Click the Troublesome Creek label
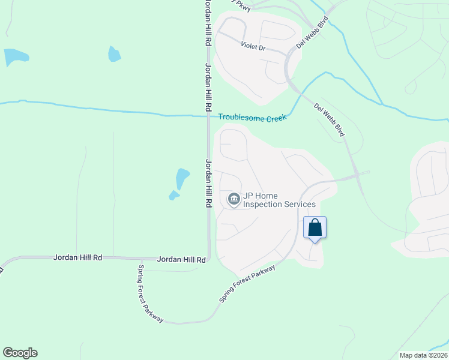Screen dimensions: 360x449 click(x=252, y=117)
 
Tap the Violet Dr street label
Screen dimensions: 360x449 click(x=253, y=46)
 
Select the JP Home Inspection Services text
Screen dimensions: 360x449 click(x=279, y=200)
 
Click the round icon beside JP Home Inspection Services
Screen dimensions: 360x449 click(x=233, y=199)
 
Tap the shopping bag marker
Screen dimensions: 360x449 click(x=315, y=228)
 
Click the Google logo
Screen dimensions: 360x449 click(x=20, y=353)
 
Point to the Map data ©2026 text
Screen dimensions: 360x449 click(x=423, y=355)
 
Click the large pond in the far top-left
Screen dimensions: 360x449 click(x=16, y=58)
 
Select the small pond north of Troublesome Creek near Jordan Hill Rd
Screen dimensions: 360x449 click(x=114, y=54)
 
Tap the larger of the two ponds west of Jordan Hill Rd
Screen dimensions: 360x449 click(x=182, y=178)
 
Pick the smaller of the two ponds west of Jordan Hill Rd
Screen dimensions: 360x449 click(x=173, y=195)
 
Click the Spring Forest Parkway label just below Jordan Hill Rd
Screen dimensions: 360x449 click(x=149, y=294)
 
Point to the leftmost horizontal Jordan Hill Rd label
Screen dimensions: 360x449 click(x=77, y=257)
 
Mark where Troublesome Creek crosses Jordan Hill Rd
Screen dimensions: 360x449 click(x=208, y=115)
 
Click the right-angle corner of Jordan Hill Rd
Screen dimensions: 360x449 click(x=208, y=259)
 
